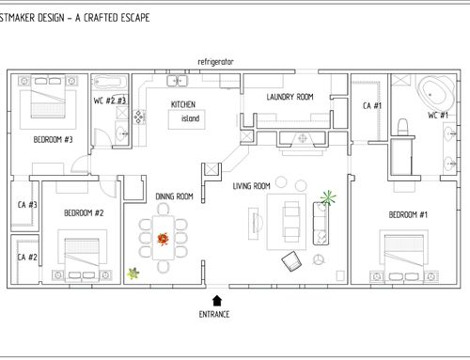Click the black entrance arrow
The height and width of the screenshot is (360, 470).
(x=217, y=301)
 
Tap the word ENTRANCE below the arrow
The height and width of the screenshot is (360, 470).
(x=214, y=314)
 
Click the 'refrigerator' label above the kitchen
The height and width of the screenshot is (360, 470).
(x=215, y=62)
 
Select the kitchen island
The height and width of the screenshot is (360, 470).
(x=187, y=119)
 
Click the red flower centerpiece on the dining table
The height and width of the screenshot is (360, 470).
(x=163, y=239)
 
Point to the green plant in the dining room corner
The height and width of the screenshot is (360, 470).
(x=133, y=274)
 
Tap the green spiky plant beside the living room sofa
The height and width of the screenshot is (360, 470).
(x=328, y=197)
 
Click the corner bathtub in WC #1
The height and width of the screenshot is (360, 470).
(x=436, y=92)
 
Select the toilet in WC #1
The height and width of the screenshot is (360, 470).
(x=402, y=127)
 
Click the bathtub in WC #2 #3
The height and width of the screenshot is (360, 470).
(x=110, y=82)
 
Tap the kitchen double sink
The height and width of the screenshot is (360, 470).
(x=177, y=81)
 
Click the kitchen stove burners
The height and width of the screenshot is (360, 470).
(x=139, y=117)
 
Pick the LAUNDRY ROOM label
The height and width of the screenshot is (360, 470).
(x=290, y=97)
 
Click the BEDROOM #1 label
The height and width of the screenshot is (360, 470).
(x=408, y=215)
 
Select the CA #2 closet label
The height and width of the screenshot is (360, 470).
(x=27, y=258)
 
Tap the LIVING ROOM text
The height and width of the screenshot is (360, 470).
(x=251, y=186)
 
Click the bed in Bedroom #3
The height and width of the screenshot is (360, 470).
(x=48, y=97)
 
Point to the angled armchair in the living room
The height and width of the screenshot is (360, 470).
(x=291, y=261)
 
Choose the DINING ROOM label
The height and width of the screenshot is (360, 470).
(x=174, y=196)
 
